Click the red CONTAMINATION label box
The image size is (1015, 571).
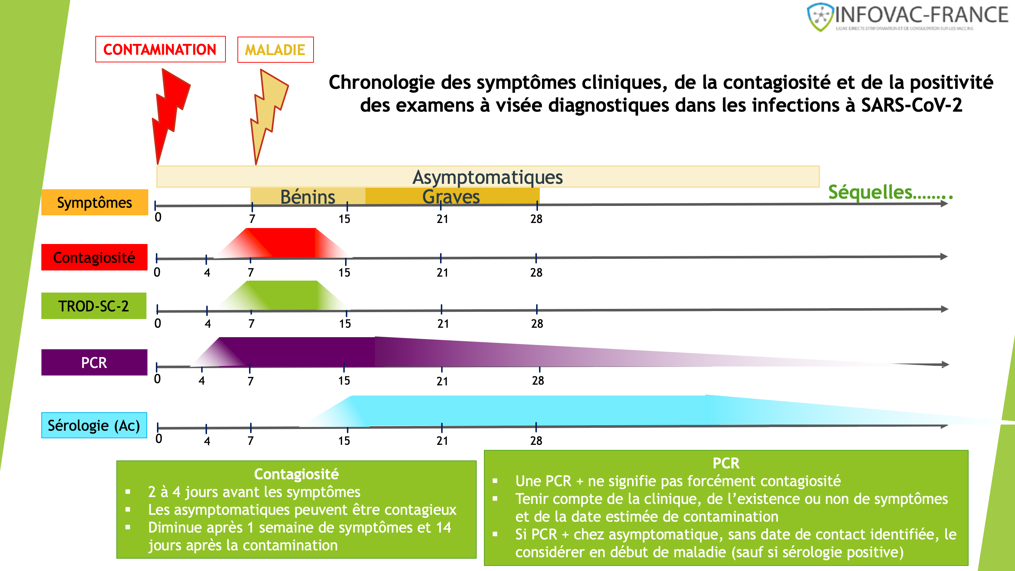160,49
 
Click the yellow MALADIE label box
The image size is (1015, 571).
275,50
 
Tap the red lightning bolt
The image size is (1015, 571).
169,110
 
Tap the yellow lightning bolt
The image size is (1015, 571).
268,110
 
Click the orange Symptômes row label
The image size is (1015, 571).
95,202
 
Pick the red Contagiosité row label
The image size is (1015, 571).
94,257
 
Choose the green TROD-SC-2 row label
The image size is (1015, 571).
94,306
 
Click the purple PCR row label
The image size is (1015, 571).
94,362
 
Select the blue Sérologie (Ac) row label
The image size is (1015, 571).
94,425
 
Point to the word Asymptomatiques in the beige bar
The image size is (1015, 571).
488,177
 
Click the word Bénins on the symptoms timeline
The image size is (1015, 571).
307,196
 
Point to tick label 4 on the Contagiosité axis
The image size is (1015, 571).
207,272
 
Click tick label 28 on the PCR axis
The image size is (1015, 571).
538,380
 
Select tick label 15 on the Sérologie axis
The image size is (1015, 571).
344,440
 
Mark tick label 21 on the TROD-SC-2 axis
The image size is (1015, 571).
443,323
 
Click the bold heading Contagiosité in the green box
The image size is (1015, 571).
296,474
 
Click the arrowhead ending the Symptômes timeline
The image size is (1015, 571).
944,204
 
